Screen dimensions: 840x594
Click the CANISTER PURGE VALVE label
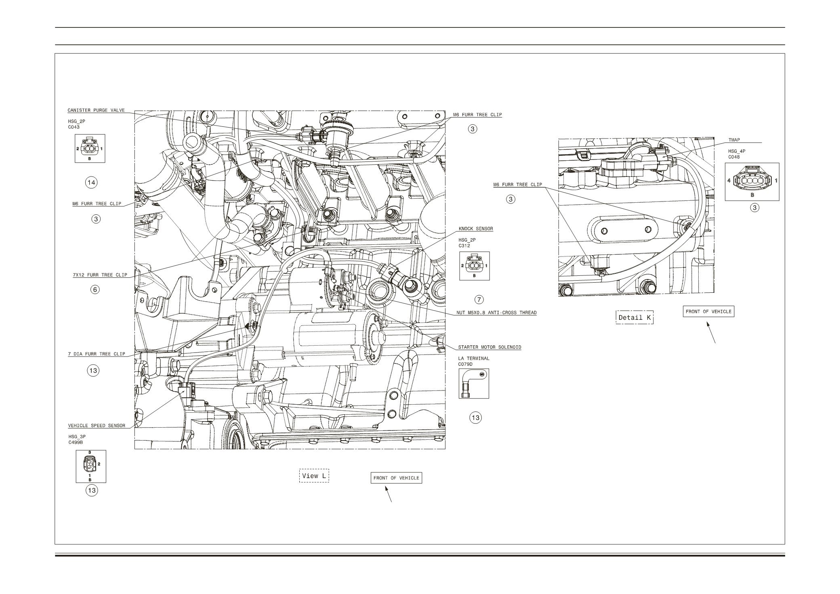[x=96, y=110]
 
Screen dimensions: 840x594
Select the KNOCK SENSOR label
[x=476, y=229]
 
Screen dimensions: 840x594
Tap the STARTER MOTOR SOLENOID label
[x=489, y=347]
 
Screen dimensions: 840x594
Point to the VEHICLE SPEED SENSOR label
[x=97, y=426]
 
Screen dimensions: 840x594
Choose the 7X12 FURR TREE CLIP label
[x=100, y=275]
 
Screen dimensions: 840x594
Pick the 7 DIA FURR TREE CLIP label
[x=97, y=354]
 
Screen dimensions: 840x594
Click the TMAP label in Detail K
[x=734, y=140]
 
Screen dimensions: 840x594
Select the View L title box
[x=314, y=476]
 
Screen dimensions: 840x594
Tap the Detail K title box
[x=635, y=317]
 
